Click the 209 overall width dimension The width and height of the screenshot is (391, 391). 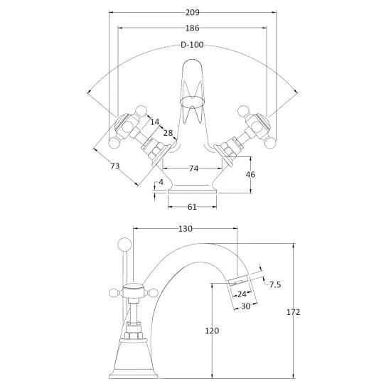point(193,12)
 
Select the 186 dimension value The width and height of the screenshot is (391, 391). point(192,28)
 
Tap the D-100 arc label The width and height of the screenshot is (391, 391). point(192,45)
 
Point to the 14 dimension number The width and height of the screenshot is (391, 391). point(154,122)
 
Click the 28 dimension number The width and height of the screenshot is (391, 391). point(168,133)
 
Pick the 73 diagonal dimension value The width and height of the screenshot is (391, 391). point(115,166)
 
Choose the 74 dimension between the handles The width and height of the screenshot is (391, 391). point(193,168)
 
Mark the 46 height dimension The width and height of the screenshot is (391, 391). point(250,175)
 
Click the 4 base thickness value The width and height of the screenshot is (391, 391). point(161,182)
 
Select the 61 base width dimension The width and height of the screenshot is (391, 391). point(192,207)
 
